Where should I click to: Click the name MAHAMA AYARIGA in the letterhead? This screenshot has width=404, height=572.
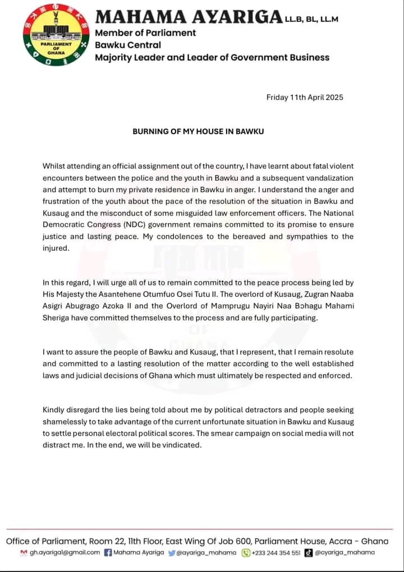coord(187,17)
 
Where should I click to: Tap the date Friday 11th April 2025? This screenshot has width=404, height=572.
coord(305,97)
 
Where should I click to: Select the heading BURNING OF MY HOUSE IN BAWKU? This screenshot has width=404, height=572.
coord(198,131)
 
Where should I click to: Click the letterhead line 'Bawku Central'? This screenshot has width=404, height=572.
coord(127,45)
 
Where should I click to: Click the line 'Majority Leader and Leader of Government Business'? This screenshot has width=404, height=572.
coord(212,57)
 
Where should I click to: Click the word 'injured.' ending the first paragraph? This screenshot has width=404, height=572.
coord(56,248)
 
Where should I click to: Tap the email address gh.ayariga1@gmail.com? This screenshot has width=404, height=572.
coord(64,552)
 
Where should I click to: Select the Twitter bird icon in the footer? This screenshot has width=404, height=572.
coord(172,552)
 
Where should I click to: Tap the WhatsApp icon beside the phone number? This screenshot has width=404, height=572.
coord(246,552)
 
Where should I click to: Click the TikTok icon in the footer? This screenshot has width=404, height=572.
coord(308,552)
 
